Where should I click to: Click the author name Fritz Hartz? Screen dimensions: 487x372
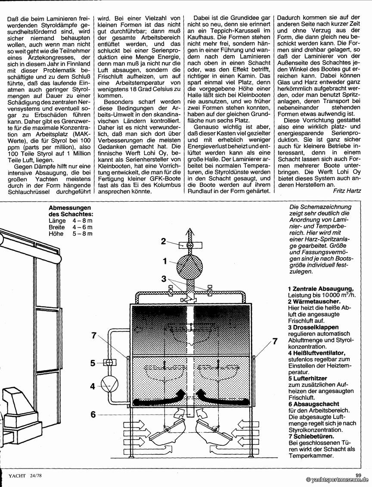[x=346, y=190]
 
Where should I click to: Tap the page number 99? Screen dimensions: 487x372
[x=358, y=475]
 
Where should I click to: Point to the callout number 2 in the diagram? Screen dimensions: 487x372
[x=163, y=241]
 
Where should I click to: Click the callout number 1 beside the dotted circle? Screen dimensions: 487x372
[x=164, y=261]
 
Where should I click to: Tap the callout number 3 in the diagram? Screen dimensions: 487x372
[x=164, y=279]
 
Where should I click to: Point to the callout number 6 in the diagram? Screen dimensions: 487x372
[x=93, y=415]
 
